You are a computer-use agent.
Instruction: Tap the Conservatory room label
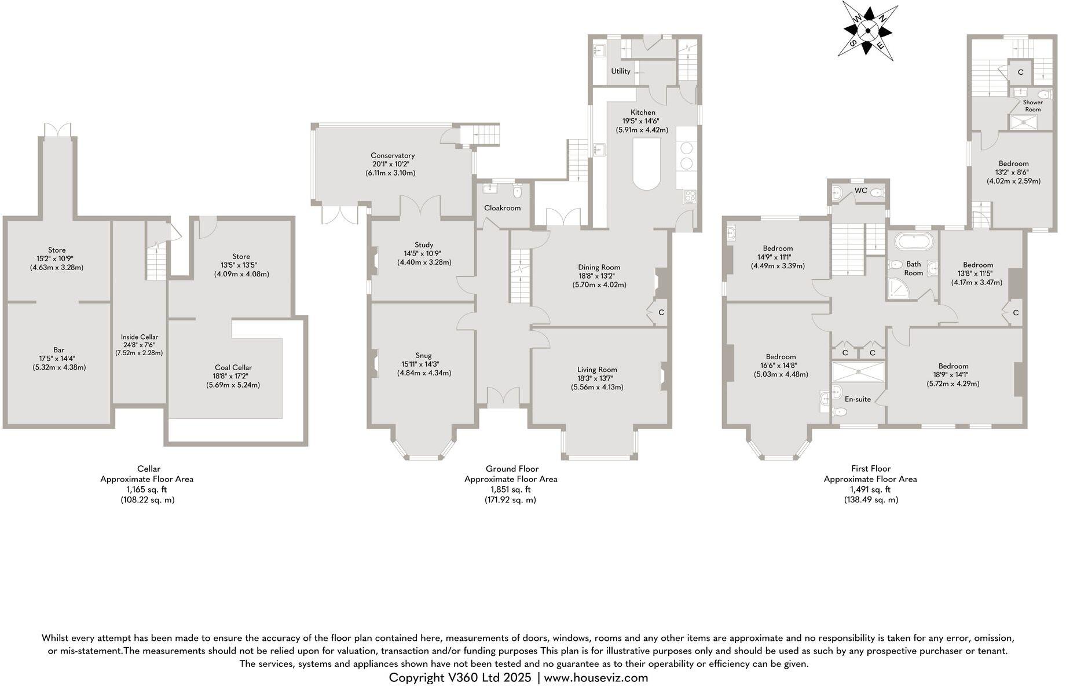pos(393,155)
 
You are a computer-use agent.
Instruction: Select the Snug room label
pos(423,356)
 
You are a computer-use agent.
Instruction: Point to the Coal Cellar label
pos(233,367)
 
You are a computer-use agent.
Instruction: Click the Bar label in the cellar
pos(58,350)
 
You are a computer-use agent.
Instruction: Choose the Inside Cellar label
pos(139,337)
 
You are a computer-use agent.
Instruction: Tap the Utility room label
pos(621,71)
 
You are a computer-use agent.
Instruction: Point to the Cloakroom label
pos(502,208)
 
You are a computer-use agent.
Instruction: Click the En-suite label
pos(858,399)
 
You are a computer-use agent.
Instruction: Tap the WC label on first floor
pos(860,191)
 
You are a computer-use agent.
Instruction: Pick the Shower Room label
pos(1032,106)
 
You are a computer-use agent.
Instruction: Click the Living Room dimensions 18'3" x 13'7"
pos(596,378)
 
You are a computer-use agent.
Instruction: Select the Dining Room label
pos(599,267)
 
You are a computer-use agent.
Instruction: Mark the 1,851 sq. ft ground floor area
pos(510,490)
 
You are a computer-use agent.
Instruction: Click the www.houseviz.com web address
pos(596,677)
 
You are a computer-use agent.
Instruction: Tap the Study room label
pos(424,245)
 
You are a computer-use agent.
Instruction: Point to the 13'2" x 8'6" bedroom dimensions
pos(1013,172)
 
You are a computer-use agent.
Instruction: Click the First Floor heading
pos(870,469)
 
